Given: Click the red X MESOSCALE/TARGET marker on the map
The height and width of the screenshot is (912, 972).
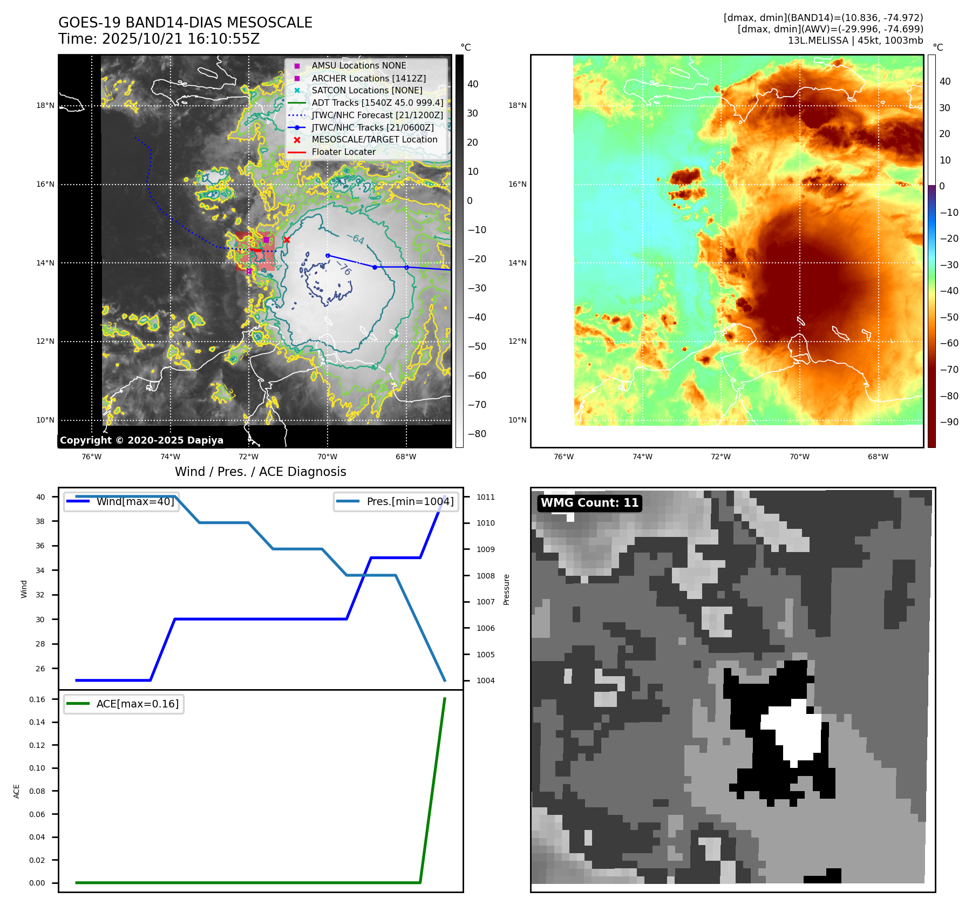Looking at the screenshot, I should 287,240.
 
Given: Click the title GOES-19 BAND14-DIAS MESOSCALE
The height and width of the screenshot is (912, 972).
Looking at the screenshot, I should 185,23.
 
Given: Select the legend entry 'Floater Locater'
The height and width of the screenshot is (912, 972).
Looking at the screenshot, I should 343,152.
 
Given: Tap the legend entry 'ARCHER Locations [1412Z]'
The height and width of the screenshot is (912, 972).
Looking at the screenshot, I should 369,78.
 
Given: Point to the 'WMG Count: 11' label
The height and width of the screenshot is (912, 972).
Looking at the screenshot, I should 589,503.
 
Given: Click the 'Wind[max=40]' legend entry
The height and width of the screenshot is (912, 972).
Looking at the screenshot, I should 135,501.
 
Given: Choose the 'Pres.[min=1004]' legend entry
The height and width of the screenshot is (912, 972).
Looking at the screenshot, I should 410,501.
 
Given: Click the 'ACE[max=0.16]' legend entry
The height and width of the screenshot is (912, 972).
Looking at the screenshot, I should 137,704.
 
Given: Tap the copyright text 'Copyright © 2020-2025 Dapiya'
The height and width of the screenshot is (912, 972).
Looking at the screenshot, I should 141,440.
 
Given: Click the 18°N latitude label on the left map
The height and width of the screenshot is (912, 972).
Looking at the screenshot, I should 45,106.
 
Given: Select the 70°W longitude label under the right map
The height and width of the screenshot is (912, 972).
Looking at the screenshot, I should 799,457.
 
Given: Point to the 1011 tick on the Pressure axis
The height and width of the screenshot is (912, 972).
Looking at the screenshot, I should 485,497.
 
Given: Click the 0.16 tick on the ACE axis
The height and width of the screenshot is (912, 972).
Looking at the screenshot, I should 37,699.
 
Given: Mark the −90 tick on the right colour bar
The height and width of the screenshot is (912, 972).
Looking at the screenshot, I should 949,422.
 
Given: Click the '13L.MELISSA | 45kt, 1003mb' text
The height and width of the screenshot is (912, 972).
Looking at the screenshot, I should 855,40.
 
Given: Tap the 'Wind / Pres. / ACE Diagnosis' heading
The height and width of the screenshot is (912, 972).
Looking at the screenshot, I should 260,472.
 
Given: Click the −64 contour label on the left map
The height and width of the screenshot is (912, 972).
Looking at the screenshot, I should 355,239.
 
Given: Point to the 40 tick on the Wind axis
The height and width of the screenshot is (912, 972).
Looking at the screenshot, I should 40,497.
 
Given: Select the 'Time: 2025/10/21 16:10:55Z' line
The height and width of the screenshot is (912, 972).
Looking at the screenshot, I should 159,39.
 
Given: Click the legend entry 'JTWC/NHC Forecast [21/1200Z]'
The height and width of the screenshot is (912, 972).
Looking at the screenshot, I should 377,115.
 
